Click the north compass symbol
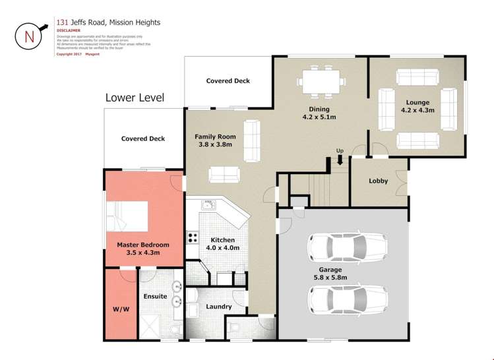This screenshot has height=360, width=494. click(30, 36)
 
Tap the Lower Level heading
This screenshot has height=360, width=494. click(135, 98)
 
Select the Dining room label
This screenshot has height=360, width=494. click(319, 109)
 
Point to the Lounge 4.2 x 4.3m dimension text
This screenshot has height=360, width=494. click(417, 110)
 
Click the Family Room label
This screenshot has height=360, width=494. click(215, 137)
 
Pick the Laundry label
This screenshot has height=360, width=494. click(218, 307)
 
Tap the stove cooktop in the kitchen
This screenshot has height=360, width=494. click(193, 237)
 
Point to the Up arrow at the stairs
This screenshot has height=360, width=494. click(340, 159)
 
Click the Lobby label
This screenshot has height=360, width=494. click(378, 181)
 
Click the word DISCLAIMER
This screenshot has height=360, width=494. click(69, 30)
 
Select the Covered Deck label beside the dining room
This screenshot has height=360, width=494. click(228, 81)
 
